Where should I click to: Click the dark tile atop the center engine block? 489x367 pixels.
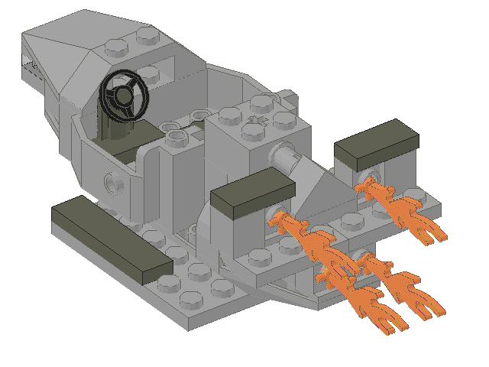coord(252,194)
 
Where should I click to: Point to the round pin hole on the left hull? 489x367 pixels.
coord(112,183)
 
